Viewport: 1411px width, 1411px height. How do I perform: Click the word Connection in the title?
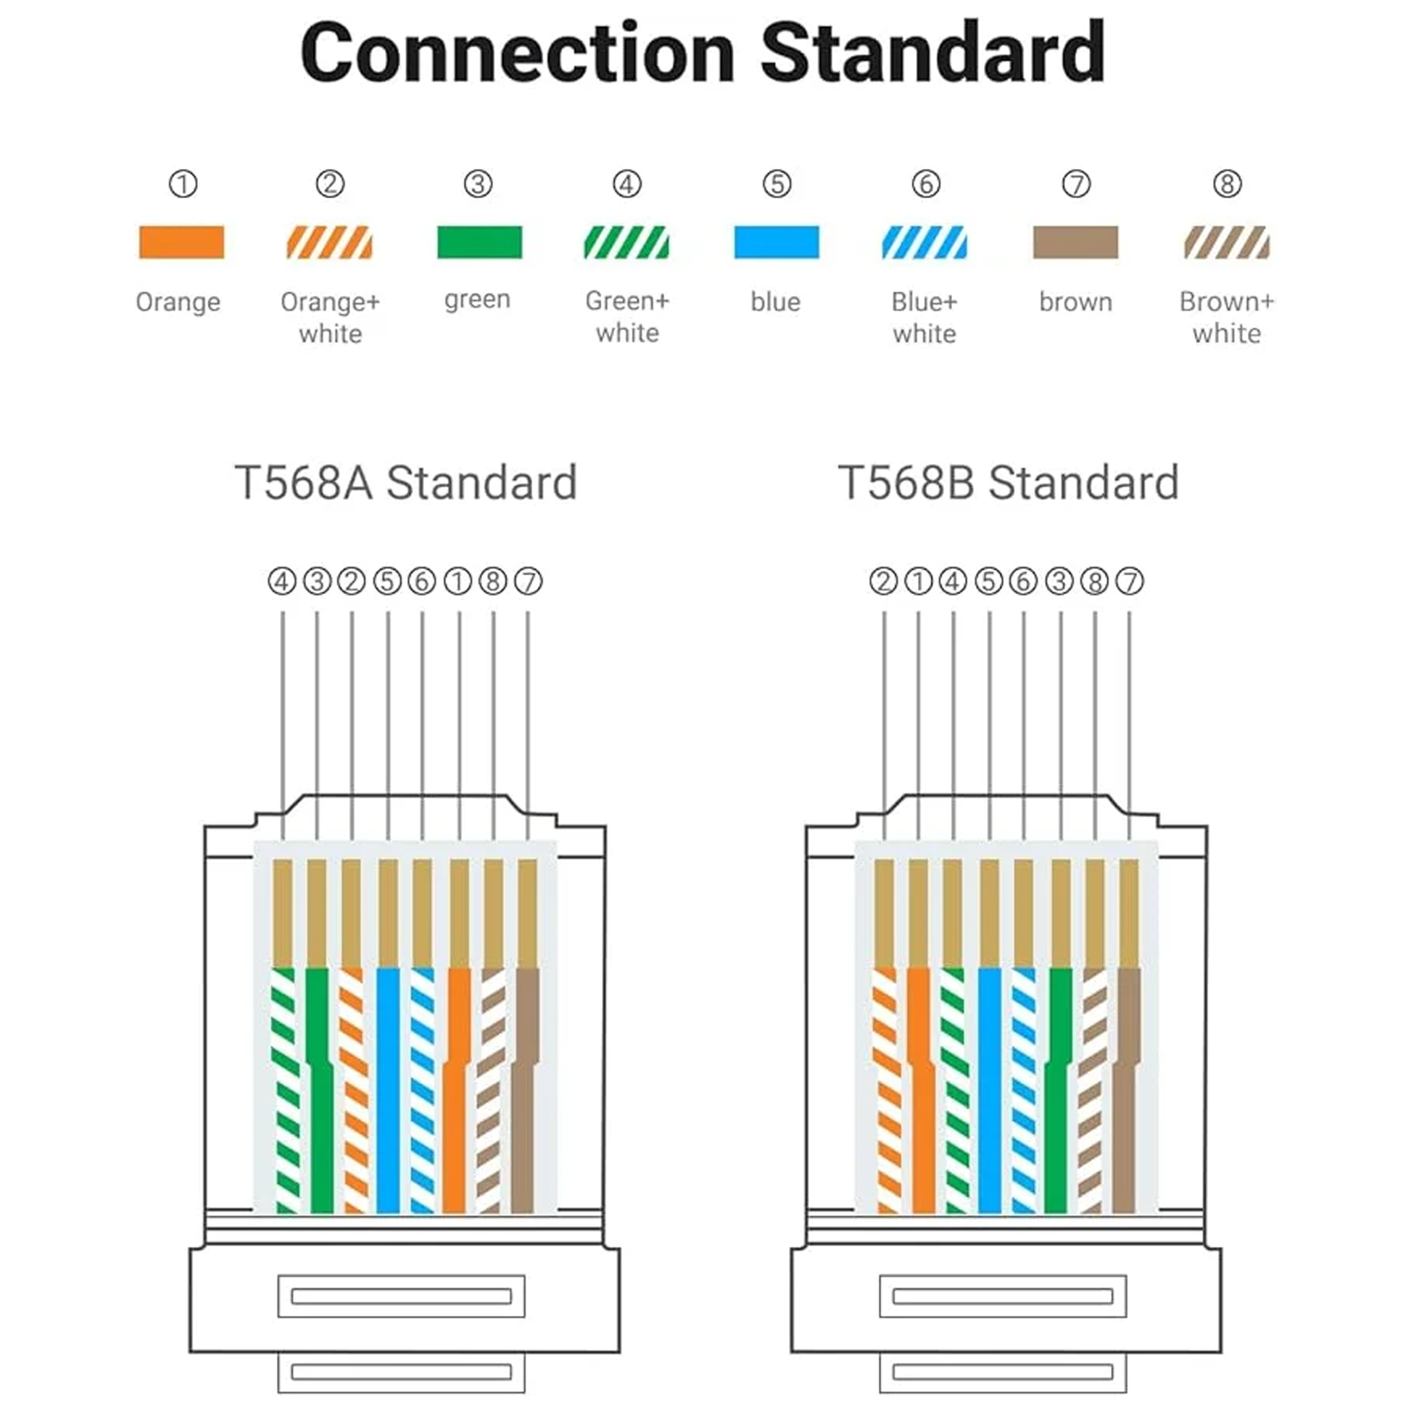click(517, 53)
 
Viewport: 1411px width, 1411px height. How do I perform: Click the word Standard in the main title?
click(932, 53)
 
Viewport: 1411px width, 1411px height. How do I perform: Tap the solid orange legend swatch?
click(181, 242)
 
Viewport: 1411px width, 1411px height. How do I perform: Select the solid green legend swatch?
click(479, 242)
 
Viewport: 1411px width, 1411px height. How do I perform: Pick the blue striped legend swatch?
click(924, 242)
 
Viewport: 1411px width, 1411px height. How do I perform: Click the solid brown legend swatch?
click(1075, 242)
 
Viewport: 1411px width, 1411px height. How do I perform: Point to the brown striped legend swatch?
click(1227, 242)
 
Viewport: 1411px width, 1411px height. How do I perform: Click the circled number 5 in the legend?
click(777, 184)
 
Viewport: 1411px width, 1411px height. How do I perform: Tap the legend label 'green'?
click(477, 300)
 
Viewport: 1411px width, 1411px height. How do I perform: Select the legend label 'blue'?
click(776, 302)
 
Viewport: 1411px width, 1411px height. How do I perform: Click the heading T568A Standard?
click(405, 483)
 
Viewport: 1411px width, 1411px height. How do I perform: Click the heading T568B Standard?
click(1008, 483)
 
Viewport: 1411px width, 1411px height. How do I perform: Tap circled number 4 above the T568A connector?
click(282, 582)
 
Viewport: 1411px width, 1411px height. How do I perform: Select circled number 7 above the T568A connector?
click(528, 582)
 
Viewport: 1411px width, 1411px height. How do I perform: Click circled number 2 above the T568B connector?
click(883, 582)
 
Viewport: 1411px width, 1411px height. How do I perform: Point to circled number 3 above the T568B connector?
click(1059, 582)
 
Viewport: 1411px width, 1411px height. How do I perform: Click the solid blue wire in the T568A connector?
click(388, 1096)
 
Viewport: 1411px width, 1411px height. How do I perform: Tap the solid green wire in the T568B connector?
click(1056, 1096)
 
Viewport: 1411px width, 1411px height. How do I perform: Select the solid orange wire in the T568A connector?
click(455, 1096)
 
